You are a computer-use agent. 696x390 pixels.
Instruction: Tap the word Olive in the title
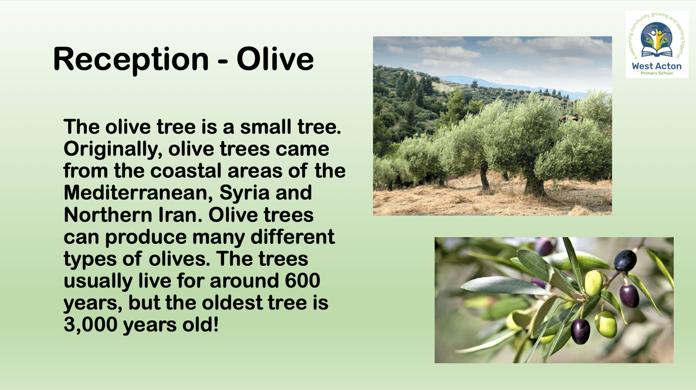click(x=275, y=59)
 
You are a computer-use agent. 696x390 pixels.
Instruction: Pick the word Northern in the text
click(x=108, y=215)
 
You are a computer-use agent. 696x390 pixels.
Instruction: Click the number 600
click(x=302, y=280)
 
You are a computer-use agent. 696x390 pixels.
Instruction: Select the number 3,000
click(x=91, y=325)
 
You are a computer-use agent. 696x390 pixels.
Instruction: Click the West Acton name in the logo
click(x=656, y=66)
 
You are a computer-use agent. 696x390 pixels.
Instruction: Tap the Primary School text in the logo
click(x=656, y=73)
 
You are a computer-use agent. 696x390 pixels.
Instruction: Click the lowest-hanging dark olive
click(x=580, y=331)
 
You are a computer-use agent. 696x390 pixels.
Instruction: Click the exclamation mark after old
click(x=216, y=324)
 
